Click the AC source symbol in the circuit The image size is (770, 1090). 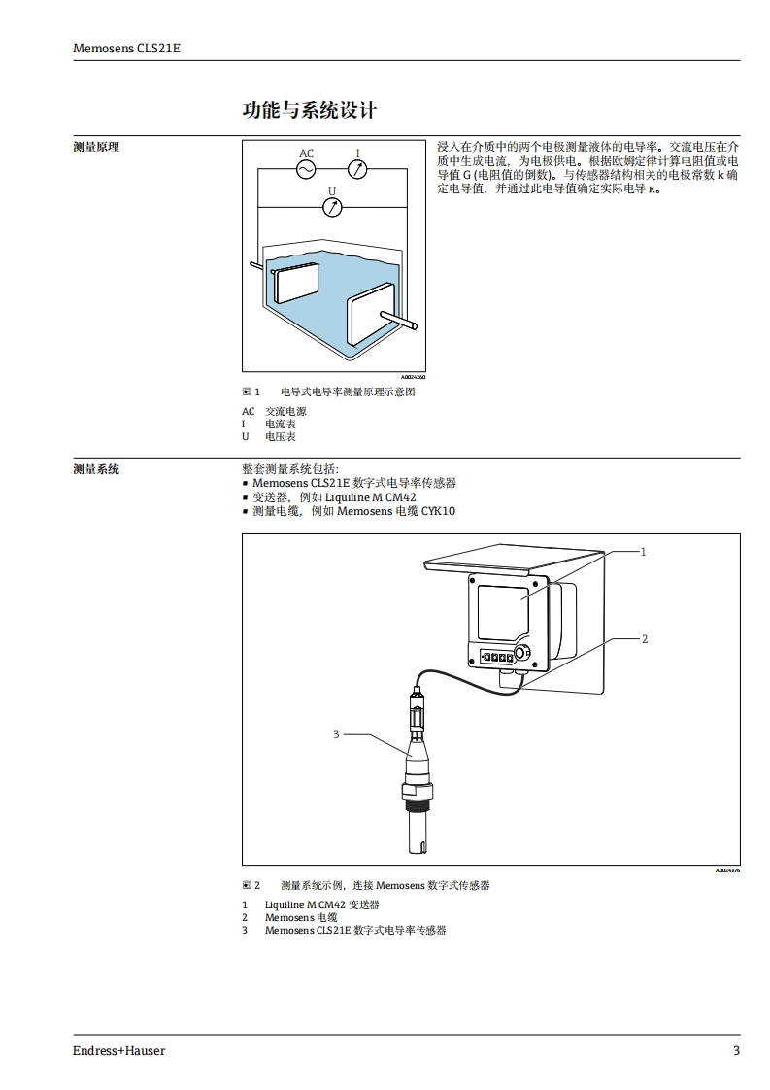(x=306, y=170)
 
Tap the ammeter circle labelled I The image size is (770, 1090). (x=357, y=170)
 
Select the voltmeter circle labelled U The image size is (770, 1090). (x=332, y=206)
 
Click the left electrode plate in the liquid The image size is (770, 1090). (x=295, y=281)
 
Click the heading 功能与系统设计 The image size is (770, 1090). (x=309, y=110)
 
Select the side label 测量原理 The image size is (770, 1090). (x=96, y=147)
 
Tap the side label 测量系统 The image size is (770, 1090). (x=96, y=469)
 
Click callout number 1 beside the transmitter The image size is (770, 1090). (x=643, y=551)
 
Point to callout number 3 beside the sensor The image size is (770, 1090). (x=336, y=733)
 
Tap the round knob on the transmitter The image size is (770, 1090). (x=523, y=653)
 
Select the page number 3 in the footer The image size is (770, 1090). (x=736, y=1051)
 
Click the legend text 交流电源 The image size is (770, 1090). (x=285, y=412)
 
